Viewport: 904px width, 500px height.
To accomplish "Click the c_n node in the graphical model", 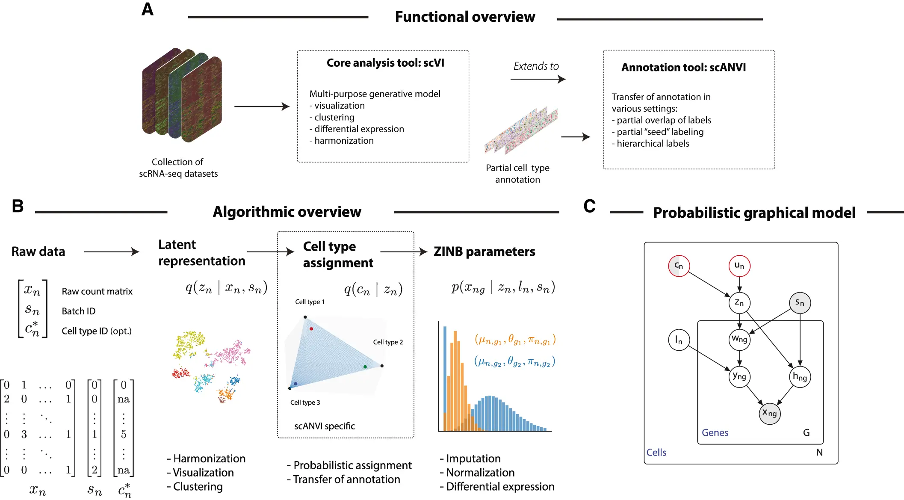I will pyautogui.click(x=679, y=266).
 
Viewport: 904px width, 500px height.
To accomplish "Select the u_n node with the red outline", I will pyautogui.click(x=739, y=266).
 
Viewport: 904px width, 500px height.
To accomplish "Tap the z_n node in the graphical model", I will pyautogui.click(x=739, y=302).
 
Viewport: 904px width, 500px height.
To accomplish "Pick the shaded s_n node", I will pyautogui.click(x=800, y=303).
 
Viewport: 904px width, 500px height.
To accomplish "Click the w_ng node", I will pyautogui.click(x=739, y=340).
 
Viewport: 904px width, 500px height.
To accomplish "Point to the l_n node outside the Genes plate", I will pyautogui.click(x=679, y=340).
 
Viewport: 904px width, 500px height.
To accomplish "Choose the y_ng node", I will pyautogui.click(x=739, y=376).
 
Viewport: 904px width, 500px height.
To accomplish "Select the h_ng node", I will pyautogui.click(x=800, y=377).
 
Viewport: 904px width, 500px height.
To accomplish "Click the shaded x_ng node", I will pyautogui.click(x=770, y=413).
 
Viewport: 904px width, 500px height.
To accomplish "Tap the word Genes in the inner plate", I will pyautogui.click(x=715, y=433).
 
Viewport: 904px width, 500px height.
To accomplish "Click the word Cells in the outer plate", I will pyautogui.click(x=656, y=453).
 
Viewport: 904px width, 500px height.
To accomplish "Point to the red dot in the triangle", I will pyautogui.click(x=311, y=328).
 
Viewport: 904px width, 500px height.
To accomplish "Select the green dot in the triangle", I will pyautogui.click(x=365, y=367).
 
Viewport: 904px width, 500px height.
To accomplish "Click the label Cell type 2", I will pyautogui.click(x=388, y=342).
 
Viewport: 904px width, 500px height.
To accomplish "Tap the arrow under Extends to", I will pyautogui.click(x=538, y=79).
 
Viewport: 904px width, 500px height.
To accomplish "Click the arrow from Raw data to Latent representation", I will pyautogui.click(x=112, y=252).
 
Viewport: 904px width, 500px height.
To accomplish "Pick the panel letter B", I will pyautogui.click(x=18, y=206).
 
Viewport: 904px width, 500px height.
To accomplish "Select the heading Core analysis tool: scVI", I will pyautogui.click(x=385, y=63).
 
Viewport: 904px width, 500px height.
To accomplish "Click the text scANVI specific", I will pyautogui.click(x=325, y=426).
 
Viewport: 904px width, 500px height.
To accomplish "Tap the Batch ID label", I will pyautogui.click(x=79, y=311).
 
